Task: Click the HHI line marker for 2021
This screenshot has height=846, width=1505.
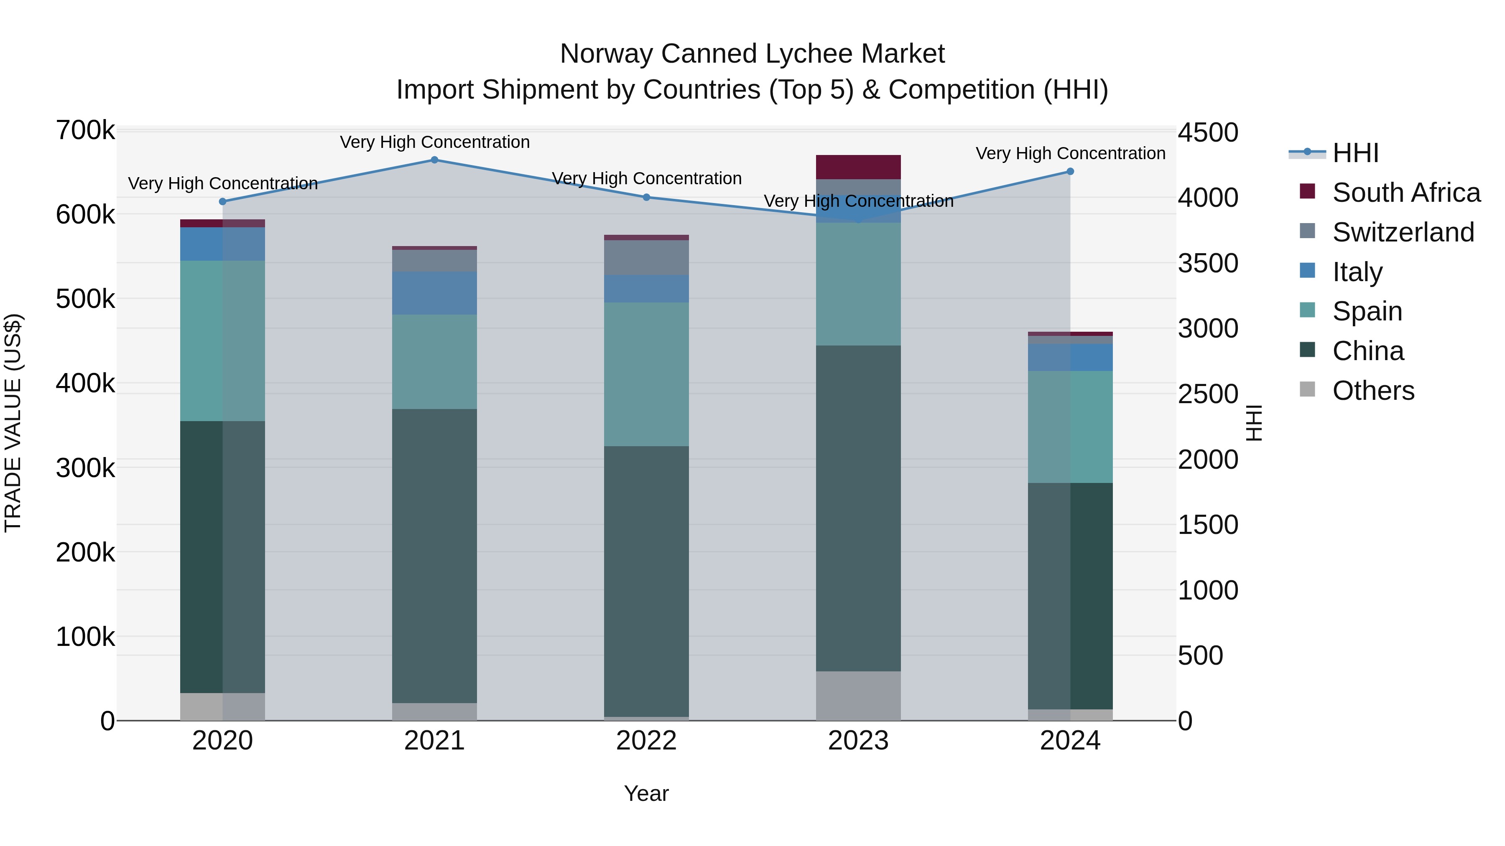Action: pos(434,160)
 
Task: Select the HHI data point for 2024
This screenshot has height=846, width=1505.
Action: pos(1070,172)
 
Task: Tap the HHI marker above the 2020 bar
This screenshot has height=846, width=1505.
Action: pos(222,201)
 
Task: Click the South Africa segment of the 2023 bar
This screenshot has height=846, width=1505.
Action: pos(858,167)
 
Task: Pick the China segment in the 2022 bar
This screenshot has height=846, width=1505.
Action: pos(646,581)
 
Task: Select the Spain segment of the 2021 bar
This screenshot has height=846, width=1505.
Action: pos(434,362)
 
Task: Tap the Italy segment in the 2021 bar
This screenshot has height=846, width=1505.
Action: pos(434,293)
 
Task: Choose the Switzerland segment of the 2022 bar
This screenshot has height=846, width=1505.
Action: pos(646,257)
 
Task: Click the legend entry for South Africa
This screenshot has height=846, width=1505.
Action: pos(1406,193)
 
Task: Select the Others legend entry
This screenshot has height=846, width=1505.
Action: pos(1373,391)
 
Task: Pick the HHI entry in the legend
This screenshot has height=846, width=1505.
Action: pos(1355,153)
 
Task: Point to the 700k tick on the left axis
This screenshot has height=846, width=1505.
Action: pos(85,130)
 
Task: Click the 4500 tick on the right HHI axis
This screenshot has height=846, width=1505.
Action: pos(1207,132)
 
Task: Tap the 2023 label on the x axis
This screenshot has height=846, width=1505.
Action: pos(858,741)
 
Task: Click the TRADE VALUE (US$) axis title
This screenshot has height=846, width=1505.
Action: pos(13,423)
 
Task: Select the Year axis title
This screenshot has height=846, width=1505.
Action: pos(646,793)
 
